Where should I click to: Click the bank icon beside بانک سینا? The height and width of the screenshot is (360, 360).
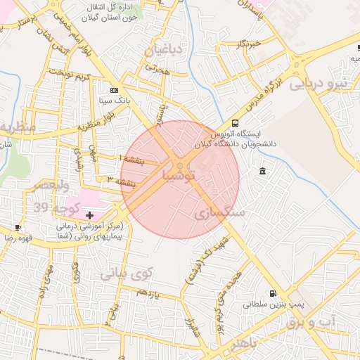pos(114,91)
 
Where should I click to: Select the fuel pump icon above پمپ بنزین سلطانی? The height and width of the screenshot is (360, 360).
pos(272,293)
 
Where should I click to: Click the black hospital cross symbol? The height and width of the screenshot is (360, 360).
pos(89,214)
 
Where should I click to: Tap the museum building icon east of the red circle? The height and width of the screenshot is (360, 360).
pos(262,172)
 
